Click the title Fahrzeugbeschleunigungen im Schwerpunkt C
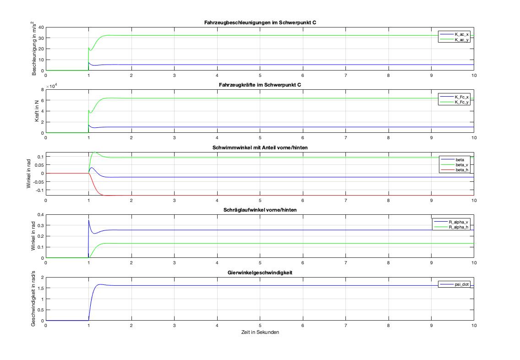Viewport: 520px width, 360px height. [x=260, y=23]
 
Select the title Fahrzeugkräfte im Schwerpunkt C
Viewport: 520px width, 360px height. [x=260, y=85]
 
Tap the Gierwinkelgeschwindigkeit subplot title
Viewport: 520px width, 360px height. [x=260, y=273]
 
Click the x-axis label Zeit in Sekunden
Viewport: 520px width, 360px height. [x=260, y=332]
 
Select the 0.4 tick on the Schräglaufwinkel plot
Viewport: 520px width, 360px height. [x=39, y=214]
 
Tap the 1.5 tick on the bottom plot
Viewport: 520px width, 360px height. [x=39, y=288]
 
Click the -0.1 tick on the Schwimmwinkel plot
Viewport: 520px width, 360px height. [x=38, y=190]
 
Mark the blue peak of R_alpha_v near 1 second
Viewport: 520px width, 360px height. [x=89, y=220]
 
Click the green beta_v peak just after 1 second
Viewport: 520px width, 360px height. [x=95, y=152]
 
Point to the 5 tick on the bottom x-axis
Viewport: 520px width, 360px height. [x=260, y=326]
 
